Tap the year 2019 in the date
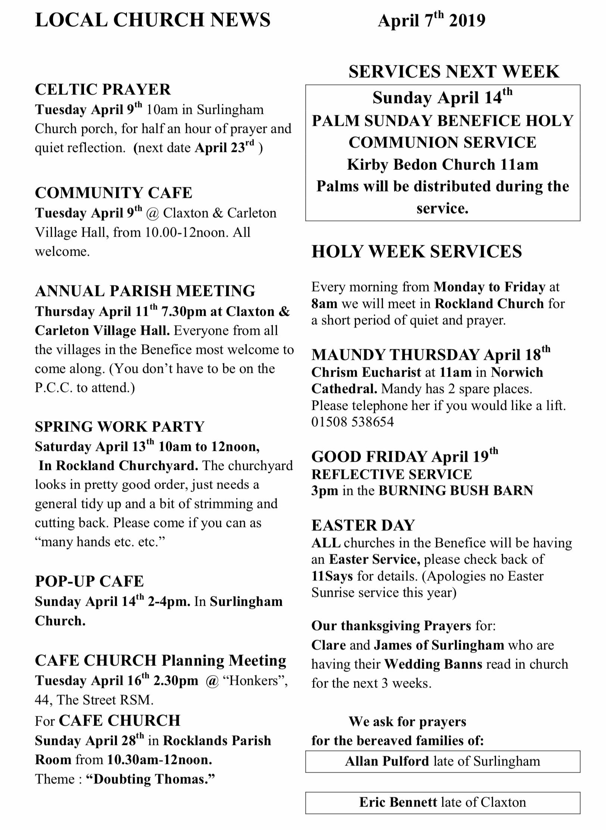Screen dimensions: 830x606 [467, 21]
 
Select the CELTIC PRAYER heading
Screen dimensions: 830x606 [103, 90]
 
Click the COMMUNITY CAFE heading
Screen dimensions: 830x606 [113, 193]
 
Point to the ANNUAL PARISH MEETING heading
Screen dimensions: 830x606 [145, 291]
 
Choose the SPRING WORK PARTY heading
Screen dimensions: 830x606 [119, 427]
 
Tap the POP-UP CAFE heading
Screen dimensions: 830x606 [89, 581]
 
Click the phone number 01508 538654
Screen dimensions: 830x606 [353, 422]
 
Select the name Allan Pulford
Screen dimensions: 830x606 [387, 761]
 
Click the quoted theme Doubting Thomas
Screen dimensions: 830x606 [151, 779]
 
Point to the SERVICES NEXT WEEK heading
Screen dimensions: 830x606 [454, 72]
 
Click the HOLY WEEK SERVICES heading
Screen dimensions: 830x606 [416, 252]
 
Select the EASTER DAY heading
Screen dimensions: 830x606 [363, 525]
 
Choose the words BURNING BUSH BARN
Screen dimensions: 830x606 [456, 490]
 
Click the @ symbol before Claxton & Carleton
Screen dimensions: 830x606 [153, 213]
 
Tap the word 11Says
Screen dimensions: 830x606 [332, 576]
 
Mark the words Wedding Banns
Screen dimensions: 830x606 [433, 664]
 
